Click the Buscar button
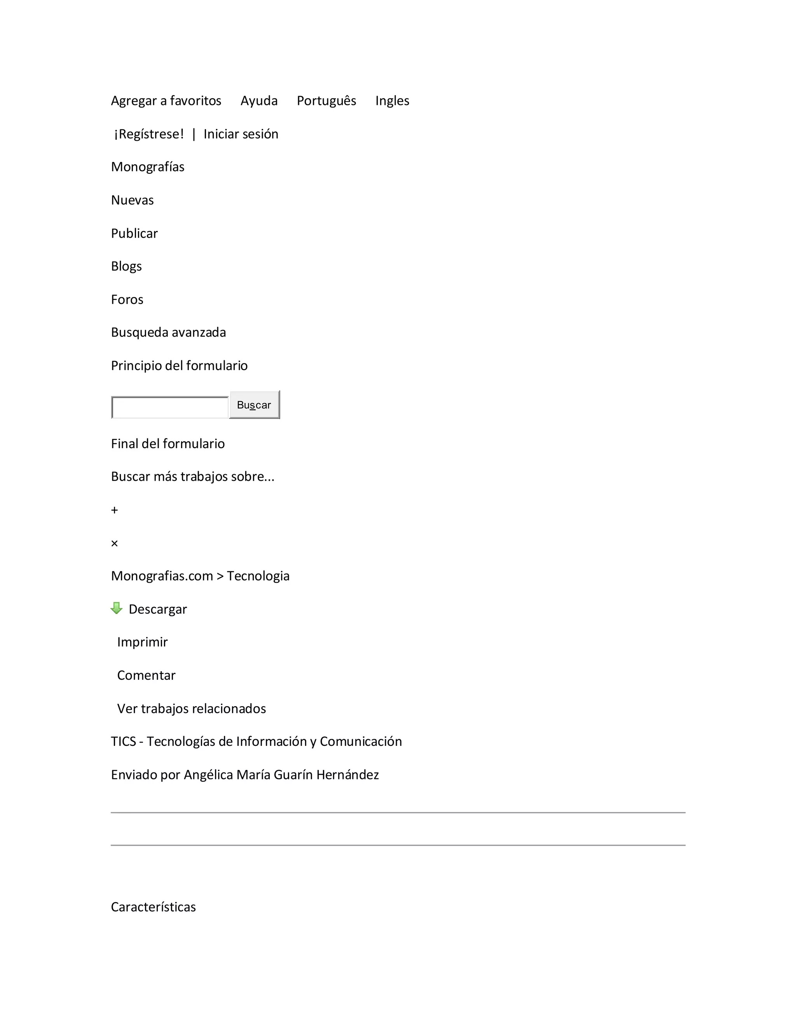(254, 405)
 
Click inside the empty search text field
(170, 407)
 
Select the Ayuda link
(259, 101)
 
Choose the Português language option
(326, 101)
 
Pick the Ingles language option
(392, 101)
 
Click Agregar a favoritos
(166, 101)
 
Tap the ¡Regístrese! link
(149, 134)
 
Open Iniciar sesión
(241, 134)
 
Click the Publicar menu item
(134, 234)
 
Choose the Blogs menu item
(126, 267)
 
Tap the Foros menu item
(127, 299)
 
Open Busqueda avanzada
(168, 332)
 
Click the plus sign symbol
(115, 510)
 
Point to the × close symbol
(115, 543)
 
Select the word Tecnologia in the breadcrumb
(258, 576)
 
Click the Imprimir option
(142, 642)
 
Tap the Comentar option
(146, 676)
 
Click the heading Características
(153, 907)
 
